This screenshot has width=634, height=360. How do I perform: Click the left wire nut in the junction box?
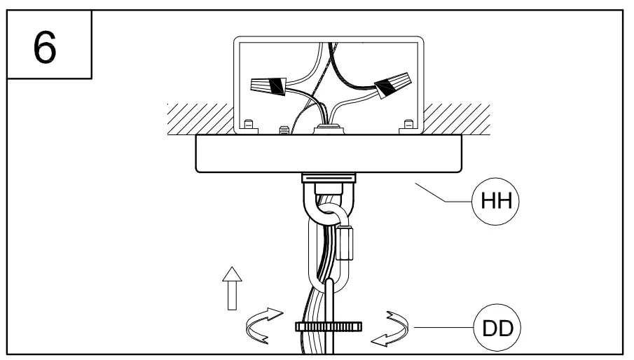click(x=270, y=87)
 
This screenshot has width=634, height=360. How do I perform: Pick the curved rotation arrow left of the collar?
click(x=262, y=326)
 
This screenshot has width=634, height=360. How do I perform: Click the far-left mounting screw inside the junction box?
click(x=248, y=126)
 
